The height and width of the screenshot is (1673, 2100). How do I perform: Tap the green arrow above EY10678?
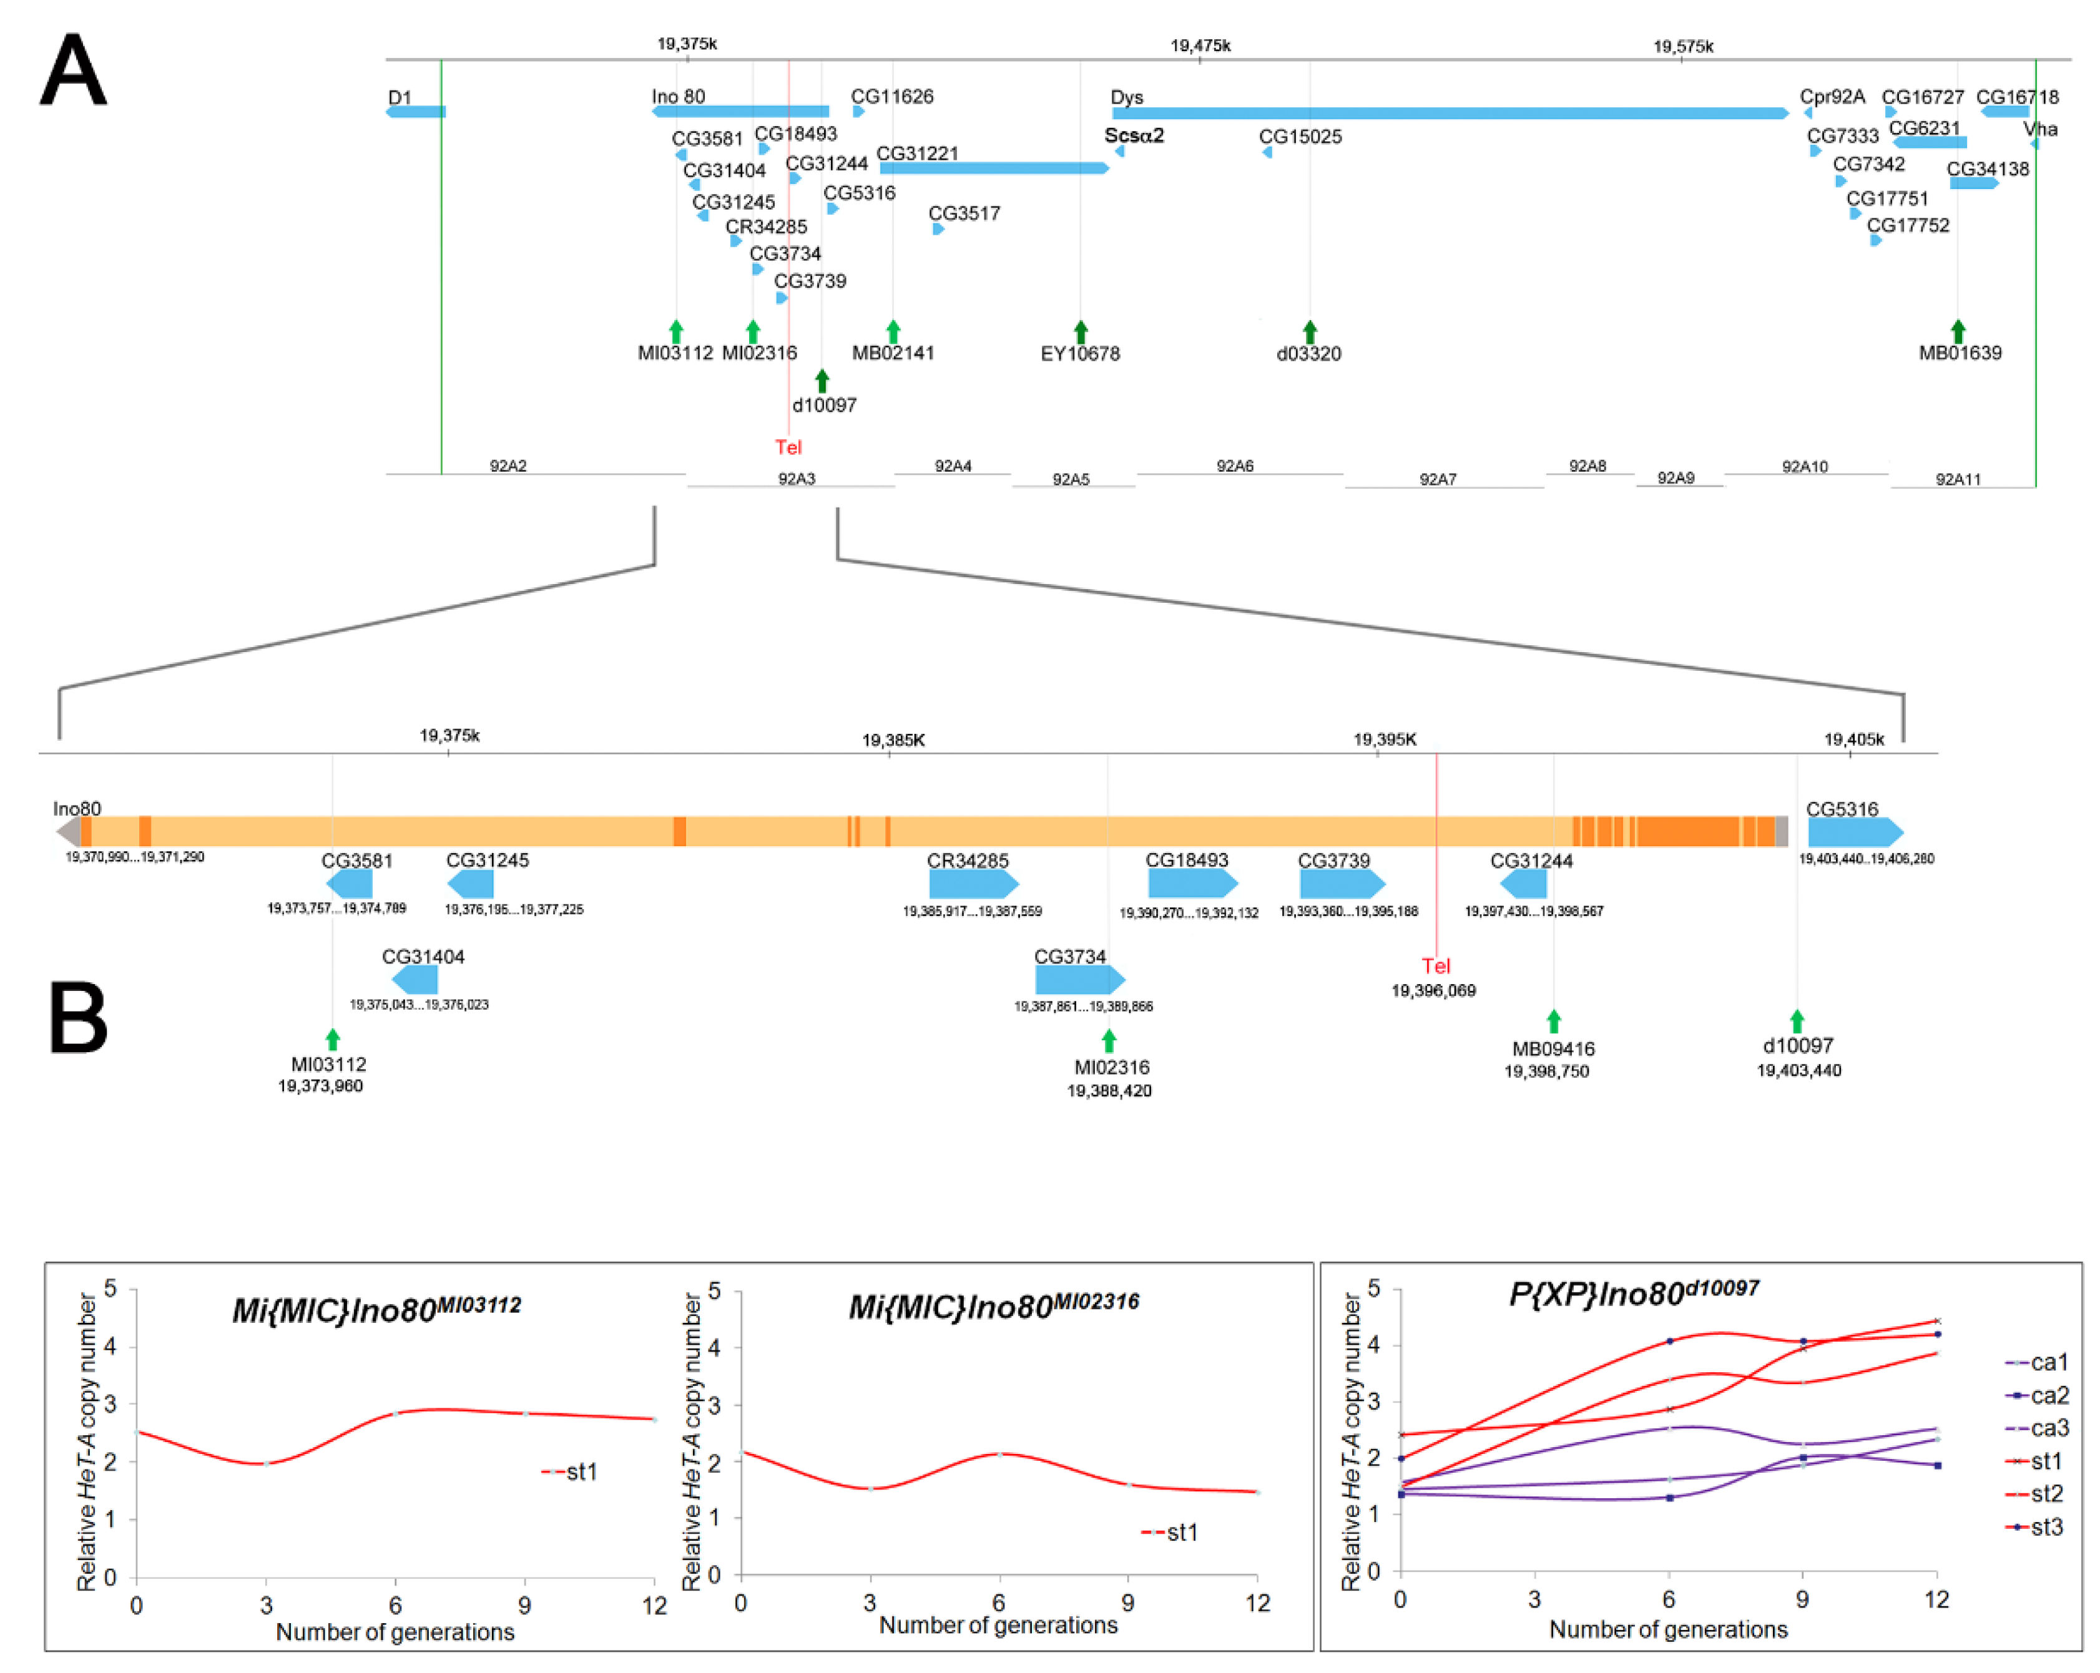pyautogui.click(x=1080, y=331)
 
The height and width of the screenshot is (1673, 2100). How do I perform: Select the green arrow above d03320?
pyautogui.click(x=1310, y=331)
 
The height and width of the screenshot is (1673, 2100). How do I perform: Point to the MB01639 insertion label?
pyautogui.click(x=1960, y=353)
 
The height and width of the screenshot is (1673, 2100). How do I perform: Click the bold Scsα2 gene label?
pyautogui.click(x=1134, y=135)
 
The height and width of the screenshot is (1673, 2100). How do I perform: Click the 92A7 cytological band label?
pyautogui.click(x=1438, y=479)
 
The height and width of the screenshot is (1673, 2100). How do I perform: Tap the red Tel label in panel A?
pyautogui.click(x=788, y=447)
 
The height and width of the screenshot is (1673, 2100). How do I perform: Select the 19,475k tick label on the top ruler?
pyautogui.click(x=1200, y=46)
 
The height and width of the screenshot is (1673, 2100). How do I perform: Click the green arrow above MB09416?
pyautogui.click(x=1554, y=1020)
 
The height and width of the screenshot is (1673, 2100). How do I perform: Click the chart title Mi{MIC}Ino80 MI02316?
pyautogui.click(x=994, y=1305)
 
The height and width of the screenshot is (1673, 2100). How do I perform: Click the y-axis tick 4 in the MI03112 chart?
pyautogui.click(x=110, y=1348)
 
